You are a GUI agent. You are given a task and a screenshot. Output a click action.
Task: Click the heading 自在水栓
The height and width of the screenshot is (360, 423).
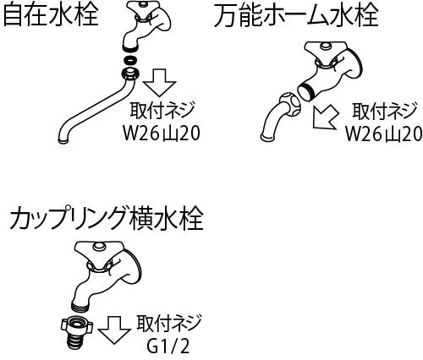coord(51,14)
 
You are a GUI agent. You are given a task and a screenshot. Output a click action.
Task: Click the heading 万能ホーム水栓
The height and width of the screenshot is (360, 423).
coord(296,15)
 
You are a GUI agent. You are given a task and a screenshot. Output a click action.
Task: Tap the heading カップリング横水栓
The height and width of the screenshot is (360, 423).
coord(107,219)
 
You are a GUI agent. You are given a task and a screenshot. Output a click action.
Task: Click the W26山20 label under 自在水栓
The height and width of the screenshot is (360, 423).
coord(162,134)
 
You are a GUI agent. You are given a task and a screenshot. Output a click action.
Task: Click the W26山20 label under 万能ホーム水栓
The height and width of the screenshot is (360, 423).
coord(384,134)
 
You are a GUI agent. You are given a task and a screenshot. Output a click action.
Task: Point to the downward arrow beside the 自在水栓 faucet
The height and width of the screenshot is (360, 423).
coord(159,83)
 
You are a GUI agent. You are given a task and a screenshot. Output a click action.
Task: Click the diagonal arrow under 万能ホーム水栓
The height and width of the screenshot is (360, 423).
coord(326,117)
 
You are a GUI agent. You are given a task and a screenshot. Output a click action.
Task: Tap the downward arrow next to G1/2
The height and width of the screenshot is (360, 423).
coord(114,330)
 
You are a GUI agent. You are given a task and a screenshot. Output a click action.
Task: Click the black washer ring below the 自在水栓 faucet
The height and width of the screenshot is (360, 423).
coord(130,60)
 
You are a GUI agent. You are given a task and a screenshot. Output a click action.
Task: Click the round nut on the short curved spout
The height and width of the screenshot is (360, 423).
coord(289,105)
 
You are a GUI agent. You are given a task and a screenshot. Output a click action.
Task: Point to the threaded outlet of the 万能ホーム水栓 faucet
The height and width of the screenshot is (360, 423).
coord(306,90)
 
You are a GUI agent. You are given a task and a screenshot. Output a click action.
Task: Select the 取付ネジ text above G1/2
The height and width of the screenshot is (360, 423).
coord(169,324)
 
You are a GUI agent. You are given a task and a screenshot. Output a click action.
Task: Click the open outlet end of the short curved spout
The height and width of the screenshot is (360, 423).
coord(266,138)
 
